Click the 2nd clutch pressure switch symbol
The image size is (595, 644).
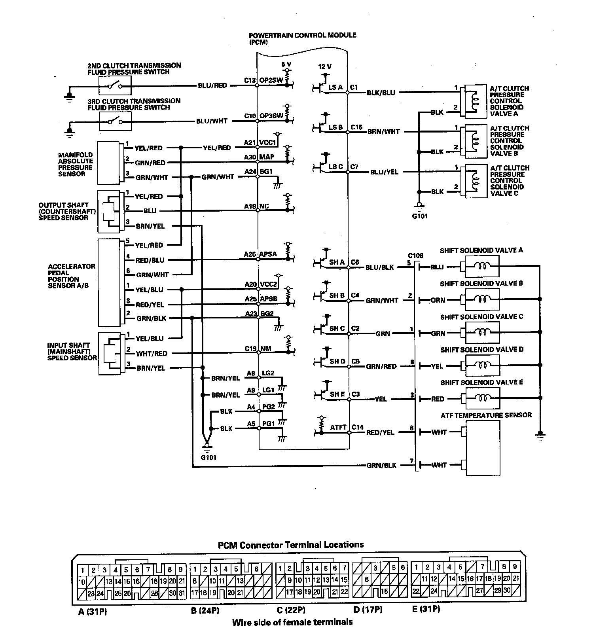[115, 85]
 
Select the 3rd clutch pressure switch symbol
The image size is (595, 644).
[115, 121]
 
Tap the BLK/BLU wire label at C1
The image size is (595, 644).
[381, 93]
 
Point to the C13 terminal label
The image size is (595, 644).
[250, 80]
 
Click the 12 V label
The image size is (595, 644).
[325, 67]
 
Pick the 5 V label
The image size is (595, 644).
[286, 64]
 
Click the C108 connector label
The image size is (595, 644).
[415, 256]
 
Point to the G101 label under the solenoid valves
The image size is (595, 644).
[419, 216]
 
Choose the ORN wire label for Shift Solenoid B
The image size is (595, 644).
[438, 300]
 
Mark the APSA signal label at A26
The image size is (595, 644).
[268, 254]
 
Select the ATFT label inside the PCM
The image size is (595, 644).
[338, 427]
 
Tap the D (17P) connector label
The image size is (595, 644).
[368, 610]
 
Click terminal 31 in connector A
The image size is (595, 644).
[182, 593]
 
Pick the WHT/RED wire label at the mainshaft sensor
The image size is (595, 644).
[152, 354]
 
